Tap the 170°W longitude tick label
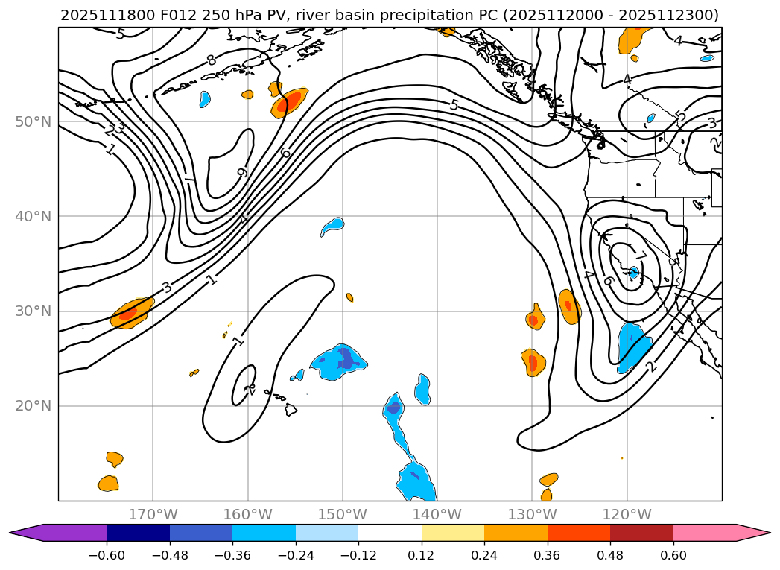point(153,515)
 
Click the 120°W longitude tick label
point(627,515)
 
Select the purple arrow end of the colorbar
point(26,533)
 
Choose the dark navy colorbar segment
point(138,533)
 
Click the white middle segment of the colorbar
point(390,533)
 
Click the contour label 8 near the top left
point(212,60)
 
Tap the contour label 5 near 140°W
point(454,105)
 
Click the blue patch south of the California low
point(632,345)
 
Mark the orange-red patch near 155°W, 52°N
point(289,102)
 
